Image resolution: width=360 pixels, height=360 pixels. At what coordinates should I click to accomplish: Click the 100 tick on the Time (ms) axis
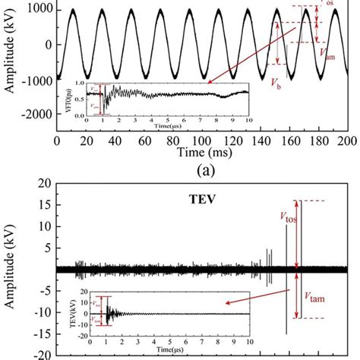pyautogui.click(x=202, y=141)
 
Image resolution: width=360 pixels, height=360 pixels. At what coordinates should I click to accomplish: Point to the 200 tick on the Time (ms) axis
pyautogui.click(x=346, y=141)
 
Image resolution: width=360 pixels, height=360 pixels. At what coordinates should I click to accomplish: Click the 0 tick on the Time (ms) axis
pyautogui.click(x=58, y=141)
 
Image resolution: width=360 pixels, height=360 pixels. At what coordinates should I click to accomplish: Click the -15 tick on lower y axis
pyautogui.click(x=39, y=333)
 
